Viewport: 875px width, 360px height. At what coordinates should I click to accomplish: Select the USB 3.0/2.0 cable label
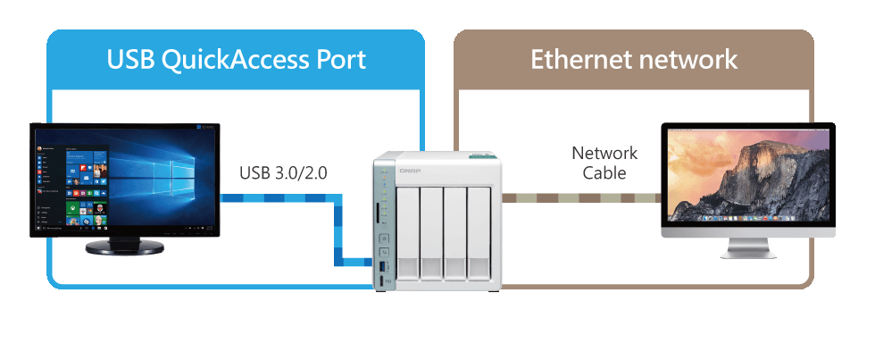[282, 172]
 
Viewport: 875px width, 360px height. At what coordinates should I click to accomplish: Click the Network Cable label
[604, 163]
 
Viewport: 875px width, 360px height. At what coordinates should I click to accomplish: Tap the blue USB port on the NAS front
[386, 267]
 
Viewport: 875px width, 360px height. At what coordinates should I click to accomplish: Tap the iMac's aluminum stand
[748, 247]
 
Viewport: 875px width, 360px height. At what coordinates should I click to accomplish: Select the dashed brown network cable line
[580, 197]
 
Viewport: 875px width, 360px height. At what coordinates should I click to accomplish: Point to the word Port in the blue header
[338, 60]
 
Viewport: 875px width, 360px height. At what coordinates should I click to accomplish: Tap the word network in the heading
[687, 60]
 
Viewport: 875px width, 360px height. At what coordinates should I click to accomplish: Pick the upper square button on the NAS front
[386, 239]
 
